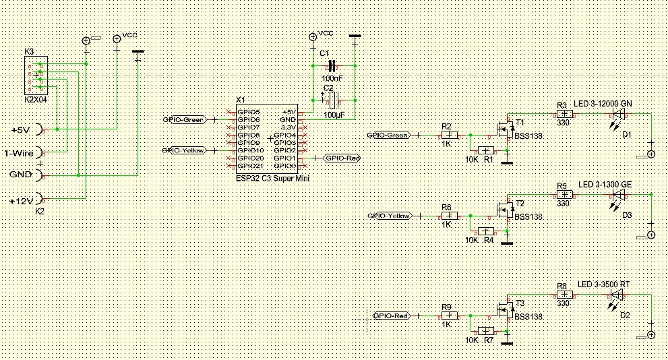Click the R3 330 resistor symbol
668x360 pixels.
point(563,114)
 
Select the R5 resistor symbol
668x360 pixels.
point(563,194)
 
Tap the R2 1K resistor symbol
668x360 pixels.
point(449,135)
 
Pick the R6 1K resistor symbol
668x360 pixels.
point(449,216)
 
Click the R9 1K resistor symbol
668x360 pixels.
point(449,316)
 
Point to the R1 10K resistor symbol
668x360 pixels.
point(485,150)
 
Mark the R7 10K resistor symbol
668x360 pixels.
point(485,331)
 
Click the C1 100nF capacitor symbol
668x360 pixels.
point(331,66)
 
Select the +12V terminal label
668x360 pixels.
point(20,200)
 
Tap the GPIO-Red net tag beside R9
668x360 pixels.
point(391,316)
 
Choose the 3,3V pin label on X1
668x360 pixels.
point(288,127)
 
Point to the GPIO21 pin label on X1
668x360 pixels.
point(250,165)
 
